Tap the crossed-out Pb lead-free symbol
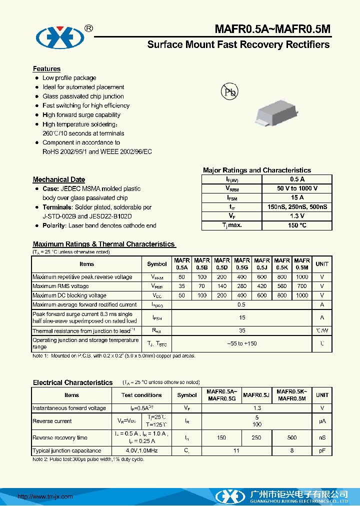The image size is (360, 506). [x=229, y=91]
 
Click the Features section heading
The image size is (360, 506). [x=46, y=69]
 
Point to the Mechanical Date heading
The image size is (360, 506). [x=58, y=179]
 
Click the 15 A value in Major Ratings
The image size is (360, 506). [x=297, y=197]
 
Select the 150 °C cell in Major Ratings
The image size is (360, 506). [x=297, y=225]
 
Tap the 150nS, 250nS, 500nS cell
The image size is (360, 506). [x=297, y=207]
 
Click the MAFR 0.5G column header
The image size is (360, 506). [x=242, y=264]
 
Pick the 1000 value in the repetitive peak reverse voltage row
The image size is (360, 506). [x=302, y=277]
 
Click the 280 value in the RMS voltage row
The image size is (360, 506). [x=242, y=286]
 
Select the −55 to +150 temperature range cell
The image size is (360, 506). [x=242, y=343]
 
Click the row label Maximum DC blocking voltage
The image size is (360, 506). [x=69, y=295]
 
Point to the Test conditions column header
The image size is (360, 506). [x=141, y=395]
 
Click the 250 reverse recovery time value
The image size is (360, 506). [x=256, y=437]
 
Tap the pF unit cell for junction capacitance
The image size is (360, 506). [x=322, y=451]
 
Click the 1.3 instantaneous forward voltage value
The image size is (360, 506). [x=256, y=408]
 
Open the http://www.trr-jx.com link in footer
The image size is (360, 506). [x=45, y=496]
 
